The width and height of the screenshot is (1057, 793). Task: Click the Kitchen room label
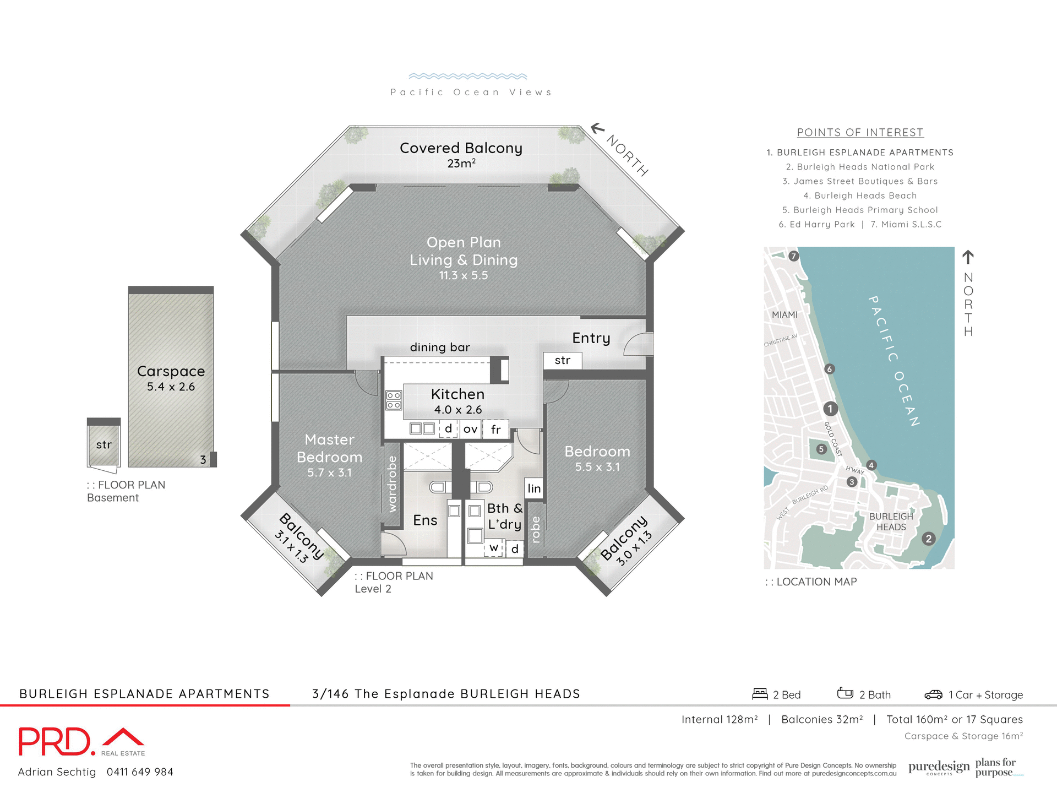pyautogui.click(x=457, y=401)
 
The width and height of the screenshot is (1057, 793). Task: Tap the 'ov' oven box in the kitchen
pyautogui.click(x=470, y=429)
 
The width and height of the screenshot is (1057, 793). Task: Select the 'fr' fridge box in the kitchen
pyautogui.click(x=495, y=430)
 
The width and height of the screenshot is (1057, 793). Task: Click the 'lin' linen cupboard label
pyautogui.click(x=534, y=488)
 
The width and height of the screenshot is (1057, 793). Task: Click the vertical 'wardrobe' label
pyautogui.click(x=392, y=484)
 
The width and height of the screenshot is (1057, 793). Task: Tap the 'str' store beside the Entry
pyautogui.click(x=562, y=360)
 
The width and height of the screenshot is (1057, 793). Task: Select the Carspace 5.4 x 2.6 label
pyautogui.click(x=171, y=378)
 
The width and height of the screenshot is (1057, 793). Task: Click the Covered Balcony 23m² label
pyautogui.click(x=461, y=154)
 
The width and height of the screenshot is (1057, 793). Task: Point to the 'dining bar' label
pyautogui.click(x=440, y=347)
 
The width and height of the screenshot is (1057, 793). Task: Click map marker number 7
pyautogui.click(x=793, y=256)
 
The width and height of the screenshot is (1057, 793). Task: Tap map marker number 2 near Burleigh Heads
pyautogui.click(x=928, y=539)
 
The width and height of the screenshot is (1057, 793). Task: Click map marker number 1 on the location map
pyautogui.click(x=830, y=409)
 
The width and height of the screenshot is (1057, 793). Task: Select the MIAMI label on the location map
pyautogui.click(x=784, y=314)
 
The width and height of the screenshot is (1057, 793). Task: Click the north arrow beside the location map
pyautogui.click(x=968, y=257)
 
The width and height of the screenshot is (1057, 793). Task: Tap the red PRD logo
pyautogui.click(x=55, y=741)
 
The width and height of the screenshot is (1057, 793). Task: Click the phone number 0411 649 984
pyautogui.click(x=140, y=772)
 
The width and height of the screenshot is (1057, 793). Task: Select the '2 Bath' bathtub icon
pyautogui.click(x=844, y=693)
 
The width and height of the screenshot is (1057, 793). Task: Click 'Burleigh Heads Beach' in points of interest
pyautogui.click(x=860, y=195)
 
